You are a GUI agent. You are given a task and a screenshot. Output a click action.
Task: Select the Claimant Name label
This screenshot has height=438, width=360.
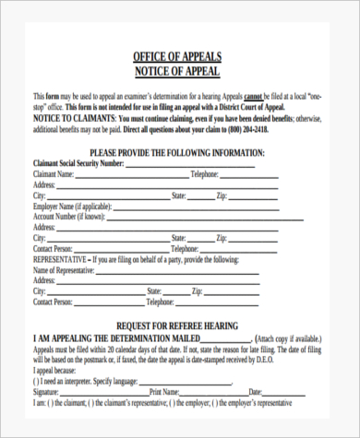[x=54, y=172]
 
